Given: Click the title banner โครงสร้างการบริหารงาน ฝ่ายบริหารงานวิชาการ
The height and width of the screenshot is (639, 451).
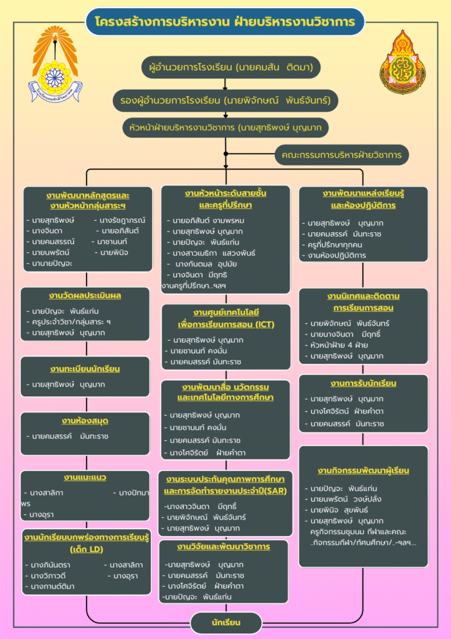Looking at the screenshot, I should coord(225,22).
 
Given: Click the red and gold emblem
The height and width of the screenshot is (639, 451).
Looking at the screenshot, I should coord(402,62).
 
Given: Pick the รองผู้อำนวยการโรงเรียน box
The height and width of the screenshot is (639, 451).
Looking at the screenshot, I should coord(225,99).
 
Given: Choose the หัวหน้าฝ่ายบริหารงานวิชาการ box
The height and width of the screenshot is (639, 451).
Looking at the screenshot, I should coord(225,127).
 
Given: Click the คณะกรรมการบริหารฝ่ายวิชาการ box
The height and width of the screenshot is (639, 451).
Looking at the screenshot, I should coord(341,155).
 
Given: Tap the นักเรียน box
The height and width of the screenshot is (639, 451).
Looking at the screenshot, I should coord(225,622).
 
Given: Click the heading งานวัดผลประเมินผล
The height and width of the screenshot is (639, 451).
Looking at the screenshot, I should coord(85,295).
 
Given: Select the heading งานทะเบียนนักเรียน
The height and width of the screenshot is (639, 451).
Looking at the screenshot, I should coord(85,369).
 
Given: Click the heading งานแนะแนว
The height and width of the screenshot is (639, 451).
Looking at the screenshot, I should coord(85,477).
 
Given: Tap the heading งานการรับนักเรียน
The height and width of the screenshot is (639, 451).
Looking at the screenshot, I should coord(363,383).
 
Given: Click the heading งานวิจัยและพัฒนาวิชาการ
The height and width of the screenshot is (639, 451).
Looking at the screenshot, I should coord(223,547).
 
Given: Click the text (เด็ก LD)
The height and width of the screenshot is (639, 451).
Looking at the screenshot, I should coord(87,549).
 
